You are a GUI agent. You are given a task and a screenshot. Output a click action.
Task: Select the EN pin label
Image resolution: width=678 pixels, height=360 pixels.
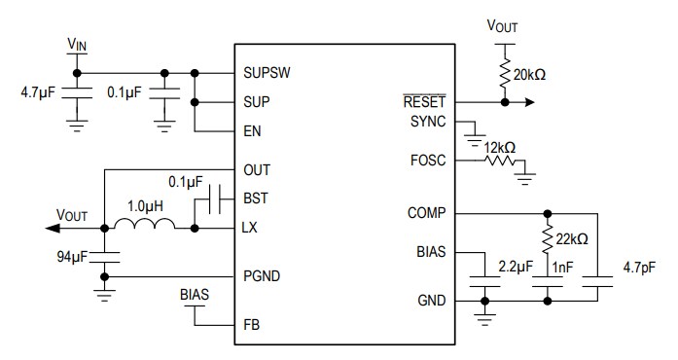pos(253,129)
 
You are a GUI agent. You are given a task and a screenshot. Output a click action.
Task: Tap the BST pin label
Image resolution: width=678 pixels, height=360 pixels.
pos(256,198)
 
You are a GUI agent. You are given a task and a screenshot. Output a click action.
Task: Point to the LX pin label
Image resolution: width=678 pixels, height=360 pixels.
pos(252,229)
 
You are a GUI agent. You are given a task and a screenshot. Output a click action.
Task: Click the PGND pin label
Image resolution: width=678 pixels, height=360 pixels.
pos(262,277)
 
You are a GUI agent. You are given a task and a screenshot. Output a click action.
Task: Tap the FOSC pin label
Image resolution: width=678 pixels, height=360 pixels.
pos(427,160)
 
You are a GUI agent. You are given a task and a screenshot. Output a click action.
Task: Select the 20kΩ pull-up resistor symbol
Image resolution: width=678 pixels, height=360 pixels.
pos(505,74)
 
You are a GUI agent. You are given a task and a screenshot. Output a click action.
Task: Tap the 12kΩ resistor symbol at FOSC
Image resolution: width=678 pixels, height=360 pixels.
pos(500,162)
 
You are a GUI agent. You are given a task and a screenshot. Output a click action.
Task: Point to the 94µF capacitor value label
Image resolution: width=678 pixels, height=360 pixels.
pos(72,258)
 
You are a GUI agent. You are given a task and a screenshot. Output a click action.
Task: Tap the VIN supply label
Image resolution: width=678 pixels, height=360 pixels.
pos(78,44)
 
